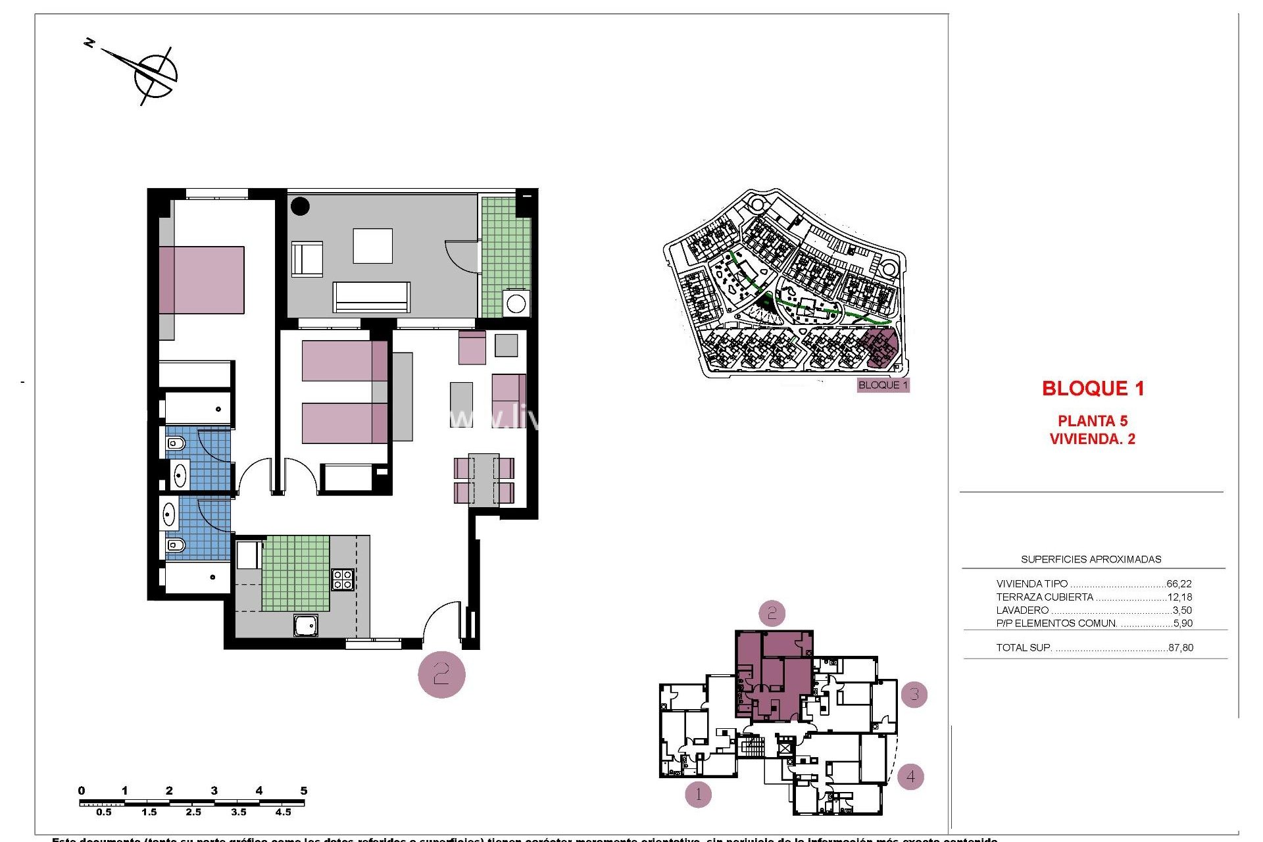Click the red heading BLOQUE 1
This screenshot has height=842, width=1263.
coord(1093,389)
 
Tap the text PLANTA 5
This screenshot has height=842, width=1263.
coord(1092,421)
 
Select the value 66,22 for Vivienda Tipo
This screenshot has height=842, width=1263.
coord(1179,583)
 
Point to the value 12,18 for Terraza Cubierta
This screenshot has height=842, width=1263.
coord(1179,597)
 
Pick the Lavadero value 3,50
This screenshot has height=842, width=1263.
coord(1182,610)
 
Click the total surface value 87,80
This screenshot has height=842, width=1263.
coord(1181,648)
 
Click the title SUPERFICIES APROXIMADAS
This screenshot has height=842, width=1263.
coord(1091,560)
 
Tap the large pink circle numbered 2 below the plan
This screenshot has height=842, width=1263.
coord(441,674)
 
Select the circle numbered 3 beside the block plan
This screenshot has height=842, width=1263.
coord(914,694)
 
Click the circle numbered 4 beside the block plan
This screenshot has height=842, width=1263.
coord(910,777)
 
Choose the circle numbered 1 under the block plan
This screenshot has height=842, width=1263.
coord(698,795)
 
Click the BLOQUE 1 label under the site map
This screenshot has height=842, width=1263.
coord(883,385)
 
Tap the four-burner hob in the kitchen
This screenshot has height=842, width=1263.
coord(342,580)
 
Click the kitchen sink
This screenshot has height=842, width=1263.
coord(306,626)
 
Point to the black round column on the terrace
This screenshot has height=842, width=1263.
coord(300,206)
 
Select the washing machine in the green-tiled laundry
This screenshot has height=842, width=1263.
coord(516,304)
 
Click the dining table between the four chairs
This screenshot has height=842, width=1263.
coord(483,480)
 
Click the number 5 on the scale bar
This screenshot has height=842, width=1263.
coord(303,791)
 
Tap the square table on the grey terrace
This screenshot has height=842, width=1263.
coord(372,246)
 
